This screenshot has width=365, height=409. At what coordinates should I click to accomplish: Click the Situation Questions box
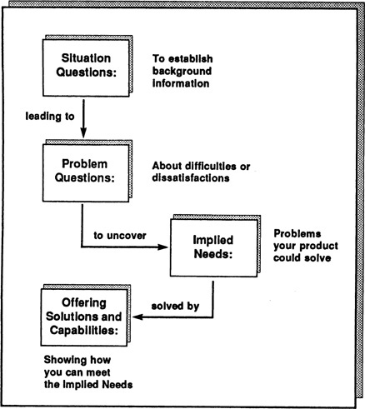(86, 68)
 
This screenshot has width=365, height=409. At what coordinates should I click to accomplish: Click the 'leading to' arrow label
(50, 117)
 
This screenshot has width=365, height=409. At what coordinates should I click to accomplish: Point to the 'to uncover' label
(120, 236)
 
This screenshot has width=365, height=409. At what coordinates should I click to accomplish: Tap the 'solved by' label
(175, 307)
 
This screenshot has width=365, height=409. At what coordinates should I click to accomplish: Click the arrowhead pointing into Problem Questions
(83, 132)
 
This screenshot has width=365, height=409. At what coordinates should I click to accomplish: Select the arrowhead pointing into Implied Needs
(163, 247)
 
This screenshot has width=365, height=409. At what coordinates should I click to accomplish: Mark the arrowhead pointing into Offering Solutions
(137, 317)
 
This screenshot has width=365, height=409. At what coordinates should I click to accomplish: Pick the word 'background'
(182, 71)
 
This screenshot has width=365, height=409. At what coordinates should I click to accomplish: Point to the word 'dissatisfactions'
(191, 178)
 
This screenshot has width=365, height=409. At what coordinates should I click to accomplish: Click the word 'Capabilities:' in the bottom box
(84, 331)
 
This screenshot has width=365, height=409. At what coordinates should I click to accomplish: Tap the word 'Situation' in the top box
(86, 58)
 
